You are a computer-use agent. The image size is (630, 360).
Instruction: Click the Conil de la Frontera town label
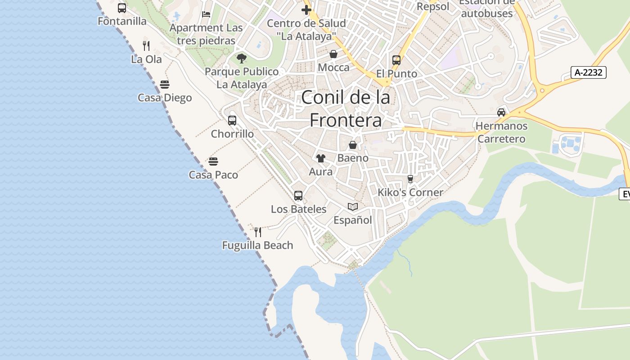(346, 108)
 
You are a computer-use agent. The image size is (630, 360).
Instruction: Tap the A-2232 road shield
(589, 72)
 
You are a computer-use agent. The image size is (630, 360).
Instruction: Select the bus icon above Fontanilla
(122, 8)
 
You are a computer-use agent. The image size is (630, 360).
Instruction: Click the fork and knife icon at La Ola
(146, 45)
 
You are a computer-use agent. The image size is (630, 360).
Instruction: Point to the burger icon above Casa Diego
(165, 84)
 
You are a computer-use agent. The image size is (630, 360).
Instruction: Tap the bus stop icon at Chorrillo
(232, 120)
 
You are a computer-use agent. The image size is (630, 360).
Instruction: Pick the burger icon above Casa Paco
(213, 161)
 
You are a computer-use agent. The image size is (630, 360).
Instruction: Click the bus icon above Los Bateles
(298, 195)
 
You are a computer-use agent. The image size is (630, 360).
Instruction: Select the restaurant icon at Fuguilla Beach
(258, 232)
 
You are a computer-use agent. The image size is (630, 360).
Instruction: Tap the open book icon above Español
(353, 207)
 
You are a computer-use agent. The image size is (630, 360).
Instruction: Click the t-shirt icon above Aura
(320, 158)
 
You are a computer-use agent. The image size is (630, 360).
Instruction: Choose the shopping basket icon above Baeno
(353, 145)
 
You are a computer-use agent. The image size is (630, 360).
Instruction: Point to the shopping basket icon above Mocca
(333, 54)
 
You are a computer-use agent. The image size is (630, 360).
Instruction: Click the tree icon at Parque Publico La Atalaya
(242, 58)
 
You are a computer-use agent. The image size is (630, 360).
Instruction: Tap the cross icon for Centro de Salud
(306, 10)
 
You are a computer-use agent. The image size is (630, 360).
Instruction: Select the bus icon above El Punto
(396, 60)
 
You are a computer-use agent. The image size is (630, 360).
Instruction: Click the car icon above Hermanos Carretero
(501, 112)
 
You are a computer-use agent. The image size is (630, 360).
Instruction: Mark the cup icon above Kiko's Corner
(410, 179)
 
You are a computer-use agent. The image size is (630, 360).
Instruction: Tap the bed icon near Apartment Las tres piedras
(206, 14)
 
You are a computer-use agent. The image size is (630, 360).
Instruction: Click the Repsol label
(433, 6)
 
